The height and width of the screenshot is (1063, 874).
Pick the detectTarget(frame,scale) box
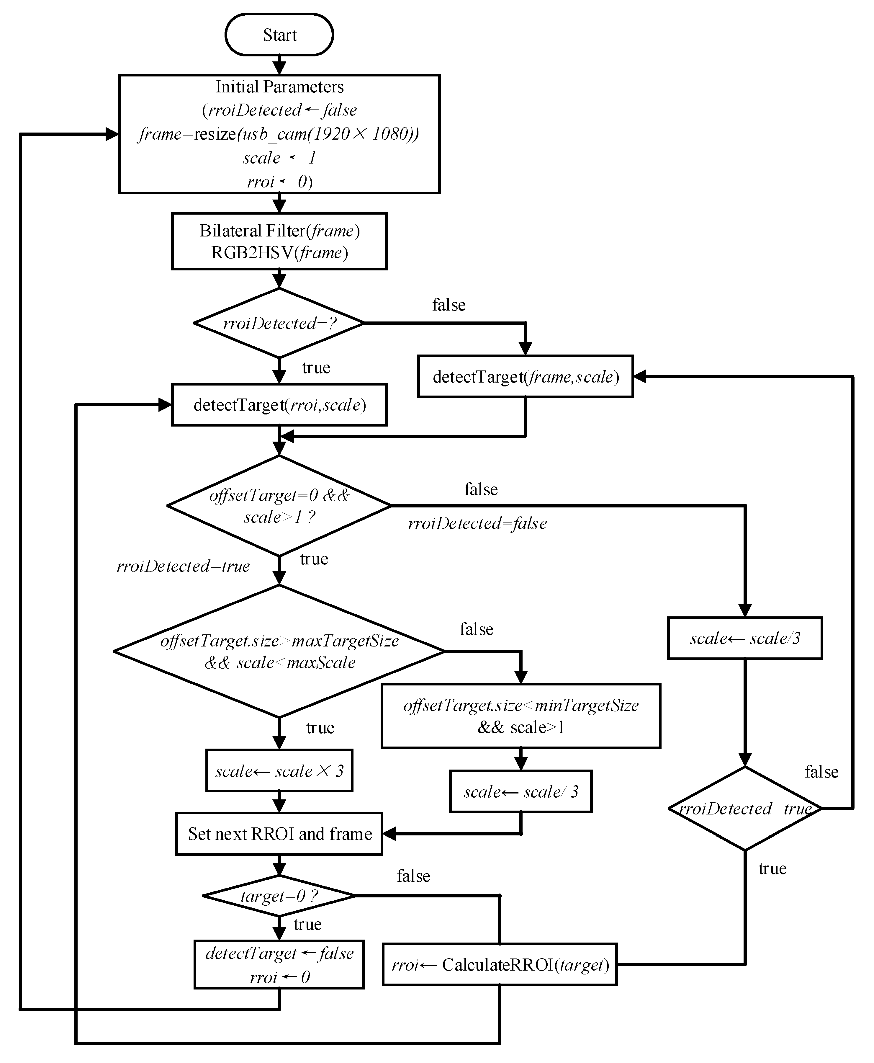point(525,377)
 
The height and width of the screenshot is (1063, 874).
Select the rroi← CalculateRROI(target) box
point(500,964)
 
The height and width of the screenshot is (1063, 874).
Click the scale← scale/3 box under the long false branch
point(745,638)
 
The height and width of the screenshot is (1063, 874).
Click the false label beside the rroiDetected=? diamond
point(449,305)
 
